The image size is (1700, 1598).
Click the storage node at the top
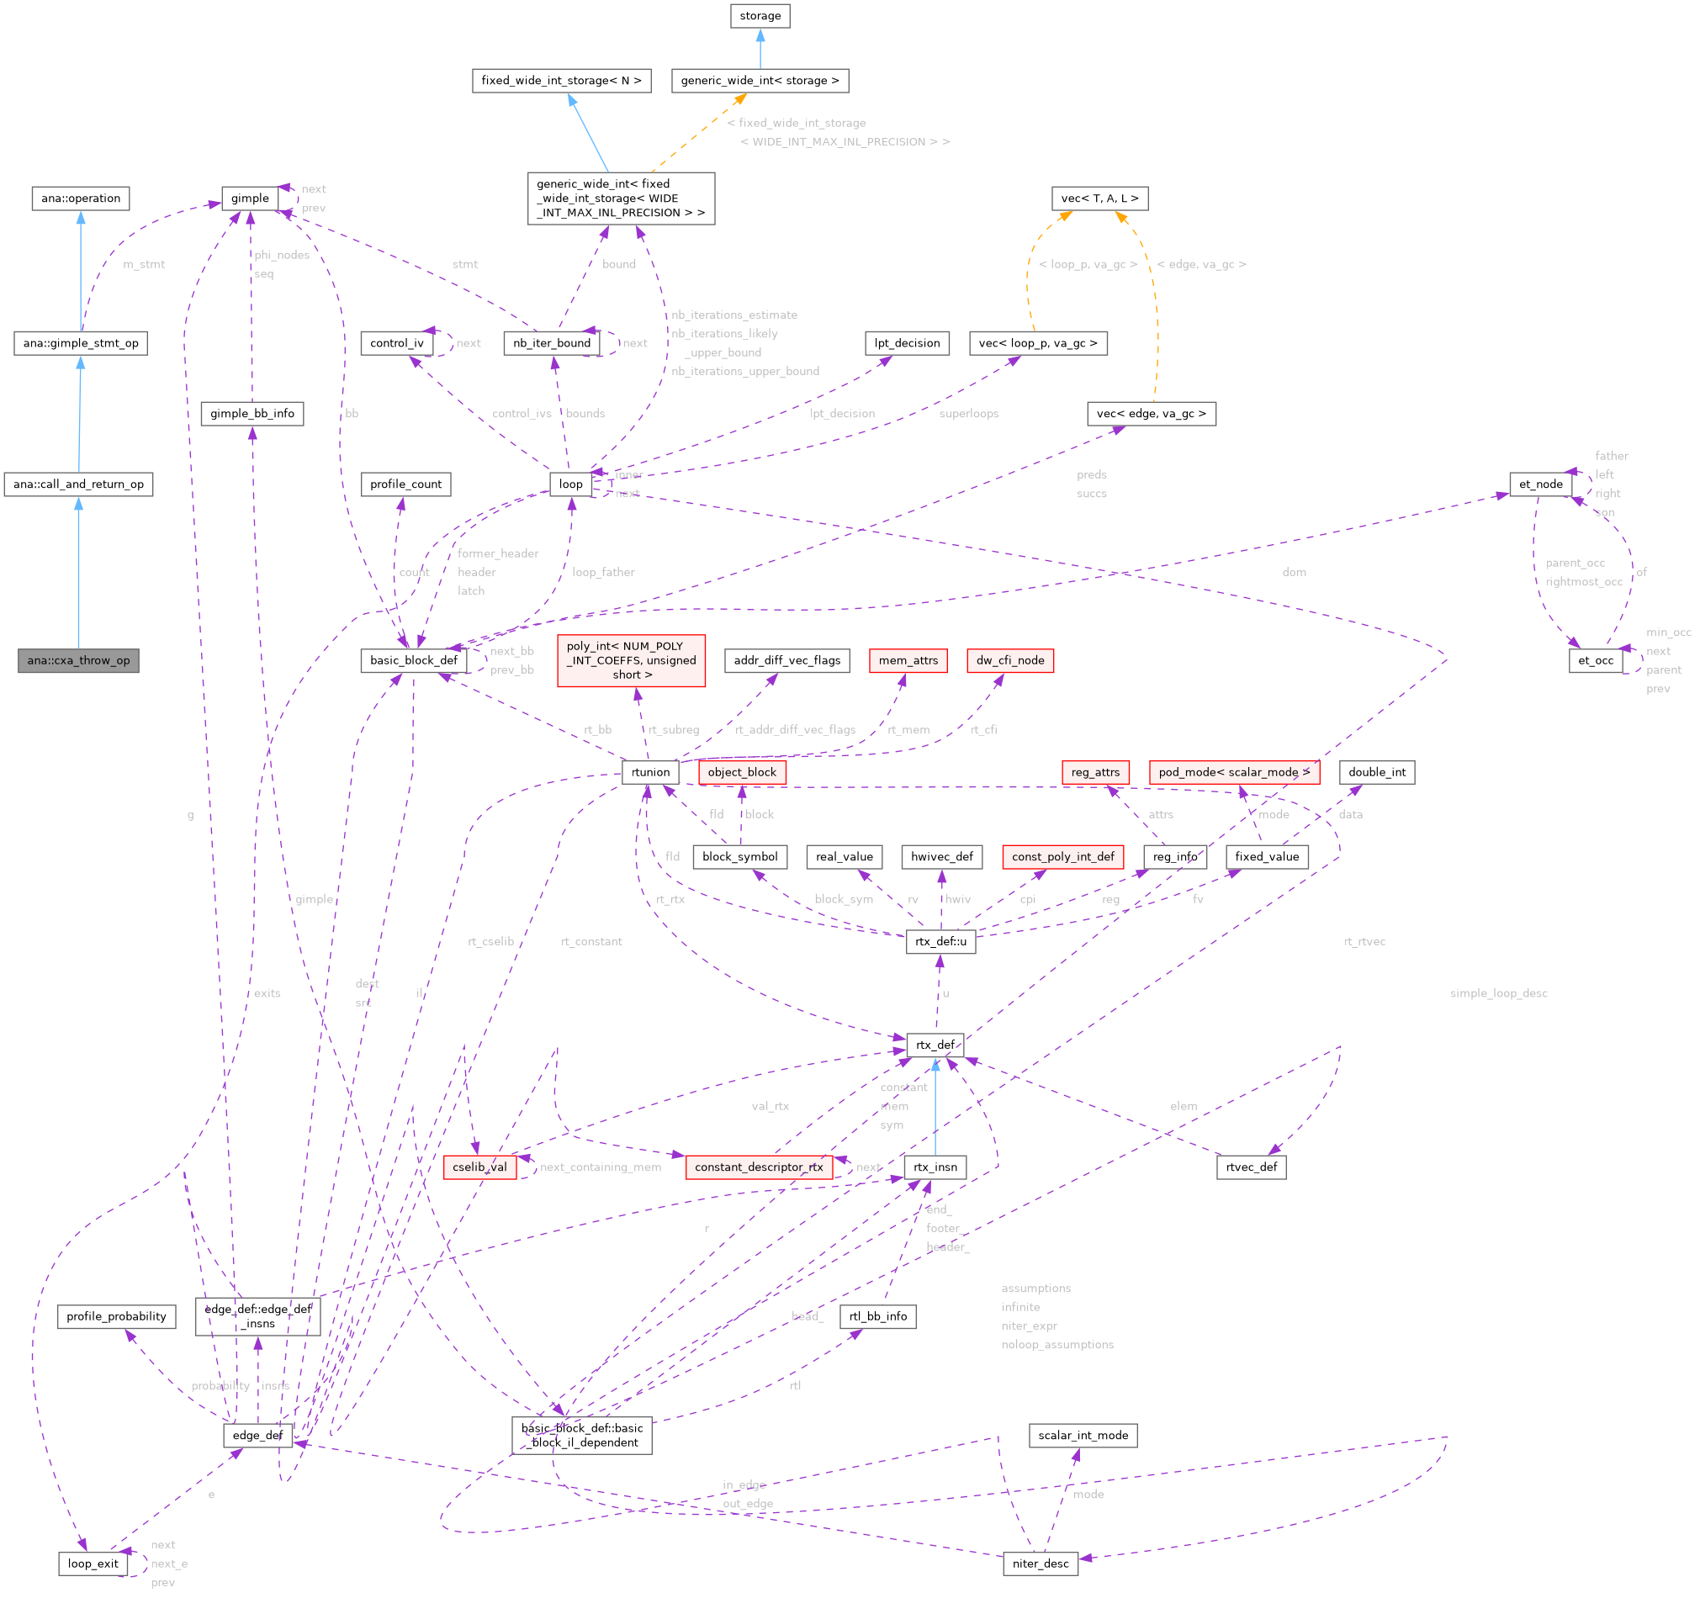(x=760, y=15)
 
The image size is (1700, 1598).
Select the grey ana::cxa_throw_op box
(x=78, y=660)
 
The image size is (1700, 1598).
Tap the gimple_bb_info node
(x=252, y=413)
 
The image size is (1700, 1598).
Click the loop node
(x=570, y=484)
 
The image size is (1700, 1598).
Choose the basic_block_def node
(x=413, y=660)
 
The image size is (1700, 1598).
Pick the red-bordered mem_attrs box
(x=908, y=660)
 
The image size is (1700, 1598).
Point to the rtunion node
(x=650, y=772)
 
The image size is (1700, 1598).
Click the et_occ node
(x=1595, y=660)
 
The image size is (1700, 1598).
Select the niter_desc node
(x=1040, y=1564)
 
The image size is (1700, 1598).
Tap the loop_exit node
(x=93, y=1564)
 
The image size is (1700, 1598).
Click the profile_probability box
(x=116, y=1316)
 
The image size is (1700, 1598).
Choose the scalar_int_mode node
(x=1083, y=1436)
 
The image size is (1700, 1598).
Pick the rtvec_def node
(x=1250, y=1167)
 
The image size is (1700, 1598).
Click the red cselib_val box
(x=479, y=1167)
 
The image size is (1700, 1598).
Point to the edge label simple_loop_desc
(x=1498, y=993)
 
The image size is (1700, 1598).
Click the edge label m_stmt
(x=144, y=264)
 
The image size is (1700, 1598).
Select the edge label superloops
(x=968, y=414)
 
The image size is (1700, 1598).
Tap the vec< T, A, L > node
(x=1099, y=198)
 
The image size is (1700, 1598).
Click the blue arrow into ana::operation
(x=81, y=257)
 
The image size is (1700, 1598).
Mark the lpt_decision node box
(x=907, y=343)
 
